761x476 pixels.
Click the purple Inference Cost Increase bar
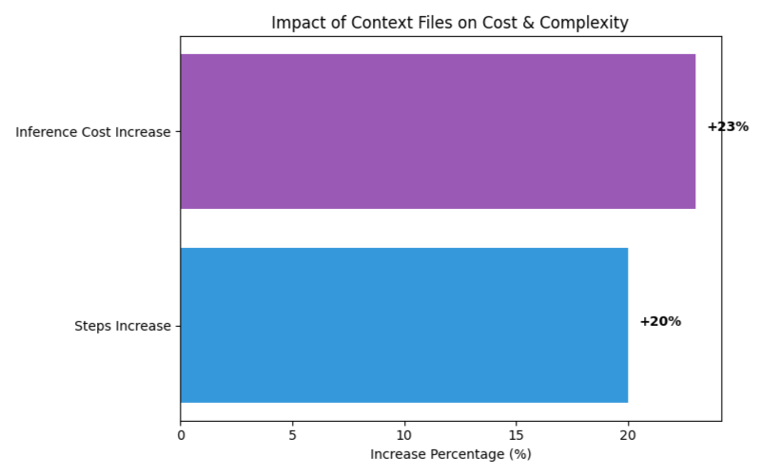tap(438, 131)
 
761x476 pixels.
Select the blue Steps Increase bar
tap(404, 325)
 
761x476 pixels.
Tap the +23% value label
tap(728, 126)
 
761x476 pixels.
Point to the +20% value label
tap(660, 321)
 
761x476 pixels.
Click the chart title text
tap(450, 23)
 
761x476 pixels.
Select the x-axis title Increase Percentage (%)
tap(450, 454)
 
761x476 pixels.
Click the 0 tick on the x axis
tap(181, 435)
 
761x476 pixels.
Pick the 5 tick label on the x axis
tap(292, 435)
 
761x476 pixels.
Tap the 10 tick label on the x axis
tap(404, 435)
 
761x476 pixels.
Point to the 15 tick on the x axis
tap(516, 435)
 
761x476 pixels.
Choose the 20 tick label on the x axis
tap(628, 435)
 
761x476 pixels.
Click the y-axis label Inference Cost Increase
tap(93, 132)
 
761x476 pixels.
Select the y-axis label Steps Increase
tap(123, 326)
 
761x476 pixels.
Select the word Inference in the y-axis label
tap(46, 132)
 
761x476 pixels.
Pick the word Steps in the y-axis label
tap(92, 327)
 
